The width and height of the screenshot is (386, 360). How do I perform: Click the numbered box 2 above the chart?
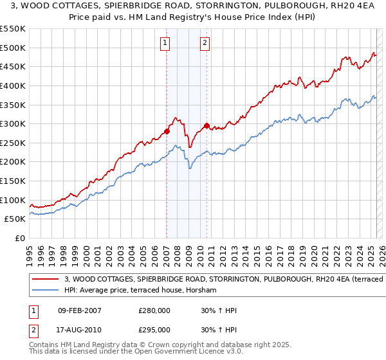pos(205,44)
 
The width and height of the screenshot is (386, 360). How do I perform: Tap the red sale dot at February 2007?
pos(167,131)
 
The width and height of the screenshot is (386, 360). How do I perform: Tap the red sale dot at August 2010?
pos(207,125)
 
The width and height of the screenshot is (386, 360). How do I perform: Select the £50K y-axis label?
pos(15,219)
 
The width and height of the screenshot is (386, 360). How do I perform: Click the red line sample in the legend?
pos(45,279)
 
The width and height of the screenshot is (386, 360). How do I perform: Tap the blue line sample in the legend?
pos(45,290)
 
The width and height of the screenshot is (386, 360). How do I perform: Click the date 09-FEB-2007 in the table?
pos(79,310)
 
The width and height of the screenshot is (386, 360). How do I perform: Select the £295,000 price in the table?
pos(154,329)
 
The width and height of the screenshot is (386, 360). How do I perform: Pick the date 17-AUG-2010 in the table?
pos(79,329)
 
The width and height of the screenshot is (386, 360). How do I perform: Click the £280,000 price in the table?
pos(154,310)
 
